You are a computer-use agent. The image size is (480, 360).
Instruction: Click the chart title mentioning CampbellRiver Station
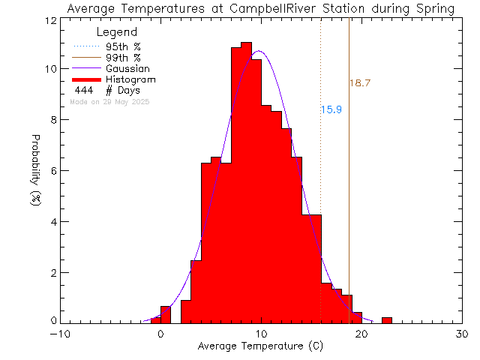tap(259, 8)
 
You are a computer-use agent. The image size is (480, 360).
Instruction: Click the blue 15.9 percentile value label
tap(331, 109)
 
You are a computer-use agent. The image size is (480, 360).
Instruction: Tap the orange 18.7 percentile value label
tap(361, 83)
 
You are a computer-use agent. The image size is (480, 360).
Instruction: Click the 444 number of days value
tap(83, 90)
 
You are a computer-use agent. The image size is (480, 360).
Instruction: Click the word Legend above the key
tap(117, 33)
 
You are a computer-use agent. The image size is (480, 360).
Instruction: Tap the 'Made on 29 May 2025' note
tap(109, 101)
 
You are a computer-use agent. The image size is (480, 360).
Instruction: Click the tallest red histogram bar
tap(246, 180)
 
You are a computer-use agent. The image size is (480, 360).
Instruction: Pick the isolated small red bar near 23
tap(386, 319)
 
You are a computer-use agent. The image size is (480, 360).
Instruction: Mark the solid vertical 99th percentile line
tap(349, 187)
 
